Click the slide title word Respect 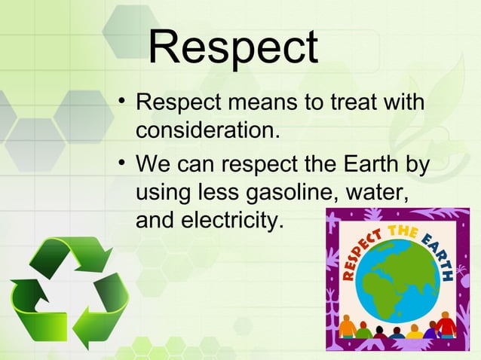coord(233,47)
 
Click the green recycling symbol coord(69,290)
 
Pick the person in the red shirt coord(446,327)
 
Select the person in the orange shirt coord(348,328)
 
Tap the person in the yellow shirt coord(414,331)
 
